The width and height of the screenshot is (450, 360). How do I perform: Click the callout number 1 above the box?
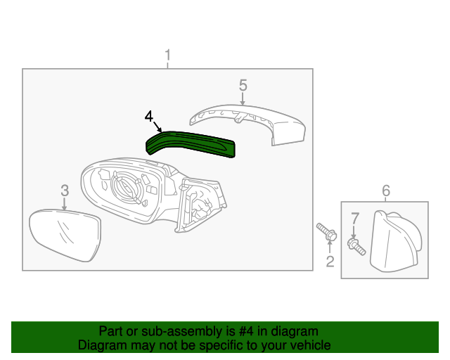pos(167,54)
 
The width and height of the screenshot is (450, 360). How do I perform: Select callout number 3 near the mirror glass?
pos(64,190)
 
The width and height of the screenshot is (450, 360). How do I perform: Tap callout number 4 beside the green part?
pos(148,115)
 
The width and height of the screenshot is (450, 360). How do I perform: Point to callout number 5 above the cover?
pos(243,84)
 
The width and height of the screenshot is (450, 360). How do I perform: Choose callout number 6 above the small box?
pos(385,191)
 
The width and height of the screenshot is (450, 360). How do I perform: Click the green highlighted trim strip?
pos(190,143)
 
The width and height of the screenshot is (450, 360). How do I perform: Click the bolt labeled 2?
pos(325,232)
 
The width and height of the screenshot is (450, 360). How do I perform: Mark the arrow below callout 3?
pos(64,205)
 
